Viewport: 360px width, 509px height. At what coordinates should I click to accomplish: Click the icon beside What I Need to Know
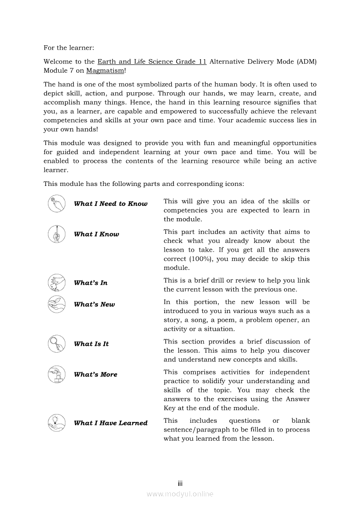[57, 204]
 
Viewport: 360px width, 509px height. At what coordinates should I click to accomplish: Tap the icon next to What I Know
[57, 234]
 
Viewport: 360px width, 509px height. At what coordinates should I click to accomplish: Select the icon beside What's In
[57, 283]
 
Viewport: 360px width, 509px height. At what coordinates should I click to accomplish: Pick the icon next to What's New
[57, 304]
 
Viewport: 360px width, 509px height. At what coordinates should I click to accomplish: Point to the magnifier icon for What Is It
[57, 344]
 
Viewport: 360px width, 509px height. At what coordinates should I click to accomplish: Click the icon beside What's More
[57, 374]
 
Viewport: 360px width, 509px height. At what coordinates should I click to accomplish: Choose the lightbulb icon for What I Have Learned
[57, 423]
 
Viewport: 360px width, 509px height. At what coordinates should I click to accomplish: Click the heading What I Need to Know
[111, 204]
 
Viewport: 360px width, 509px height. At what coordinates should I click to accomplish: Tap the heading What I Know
[96, 234]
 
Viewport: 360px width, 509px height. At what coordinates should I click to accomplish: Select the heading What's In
[91, 283]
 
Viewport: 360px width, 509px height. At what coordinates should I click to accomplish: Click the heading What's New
[95, 305]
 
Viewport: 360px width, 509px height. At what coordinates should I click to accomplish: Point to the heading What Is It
[91, 344]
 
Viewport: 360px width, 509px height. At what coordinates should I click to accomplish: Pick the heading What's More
[95, 374]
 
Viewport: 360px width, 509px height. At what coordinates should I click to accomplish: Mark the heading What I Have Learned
[111, 423]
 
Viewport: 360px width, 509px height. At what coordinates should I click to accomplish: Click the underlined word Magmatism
[105, 71]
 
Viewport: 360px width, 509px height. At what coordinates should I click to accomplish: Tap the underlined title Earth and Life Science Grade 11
[152, 62]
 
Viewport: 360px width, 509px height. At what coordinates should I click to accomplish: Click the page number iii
[180, 484]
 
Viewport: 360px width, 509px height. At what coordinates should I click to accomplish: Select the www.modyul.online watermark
[180, 494]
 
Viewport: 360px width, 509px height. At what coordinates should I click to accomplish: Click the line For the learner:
[68, 47]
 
